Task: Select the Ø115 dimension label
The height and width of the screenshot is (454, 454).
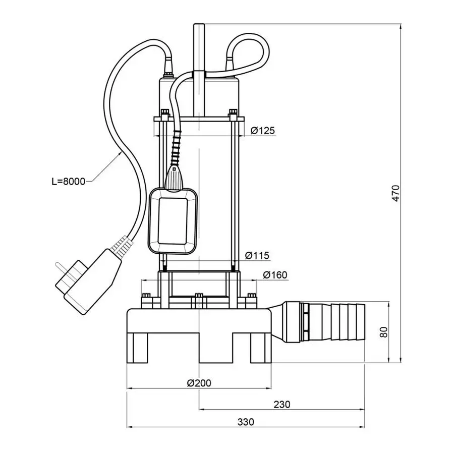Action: coord(257,256)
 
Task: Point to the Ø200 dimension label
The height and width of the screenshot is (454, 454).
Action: coord(199,383)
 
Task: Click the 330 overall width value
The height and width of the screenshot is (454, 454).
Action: coord(244,421)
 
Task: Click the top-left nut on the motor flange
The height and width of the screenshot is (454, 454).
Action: coord(164,113)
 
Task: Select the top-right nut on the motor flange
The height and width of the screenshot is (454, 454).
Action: coord(233,113)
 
